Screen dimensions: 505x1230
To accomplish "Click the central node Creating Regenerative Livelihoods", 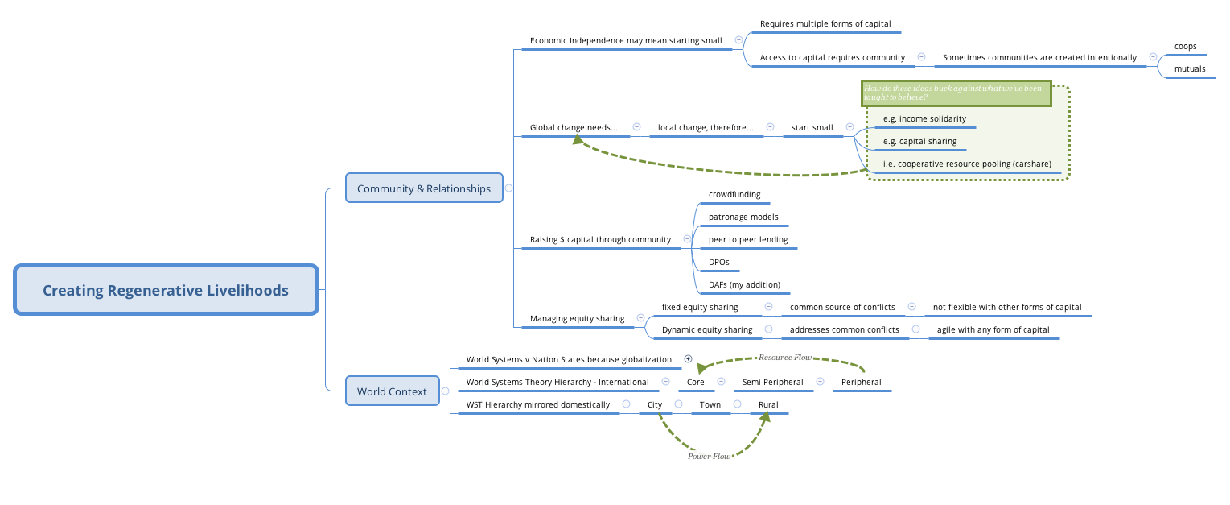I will pos(166,290).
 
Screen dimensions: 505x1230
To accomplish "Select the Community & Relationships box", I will pos(424,188).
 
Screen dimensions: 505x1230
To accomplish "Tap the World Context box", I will pos(392,391).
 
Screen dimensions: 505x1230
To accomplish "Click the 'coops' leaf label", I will pos(1185,47).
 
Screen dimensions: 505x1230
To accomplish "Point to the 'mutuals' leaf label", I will pos(1190,69).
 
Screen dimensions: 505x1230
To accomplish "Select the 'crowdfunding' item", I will pos(734,195).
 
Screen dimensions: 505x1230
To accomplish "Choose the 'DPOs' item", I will pos(718,263).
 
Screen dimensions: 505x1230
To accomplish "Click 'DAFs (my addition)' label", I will pos(744,285).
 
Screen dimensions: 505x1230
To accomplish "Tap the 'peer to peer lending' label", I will pos(748,240).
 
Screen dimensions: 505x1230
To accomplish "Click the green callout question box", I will pos(956,93).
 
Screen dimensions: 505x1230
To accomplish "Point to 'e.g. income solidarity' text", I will pos(924,119).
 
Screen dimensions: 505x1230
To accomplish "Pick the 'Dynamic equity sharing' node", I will pos(707,330).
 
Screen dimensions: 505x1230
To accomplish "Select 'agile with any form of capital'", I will pos(993,330).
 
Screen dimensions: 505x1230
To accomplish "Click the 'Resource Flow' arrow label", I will pos(784,357).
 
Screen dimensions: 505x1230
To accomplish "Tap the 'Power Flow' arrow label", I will pos(709,456).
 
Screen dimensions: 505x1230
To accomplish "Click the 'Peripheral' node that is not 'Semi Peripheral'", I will pos(861,383).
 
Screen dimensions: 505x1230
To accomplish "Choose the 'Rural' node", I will pos(768,405).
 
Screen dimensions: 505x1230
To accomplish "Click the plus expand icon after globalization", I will pos(688,359).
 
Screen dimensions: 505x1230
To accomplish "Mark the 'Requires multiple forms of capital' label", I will pos(825,24).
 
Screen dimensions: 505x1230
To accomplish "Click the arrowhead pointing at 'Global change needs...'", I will pos(578,139).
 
